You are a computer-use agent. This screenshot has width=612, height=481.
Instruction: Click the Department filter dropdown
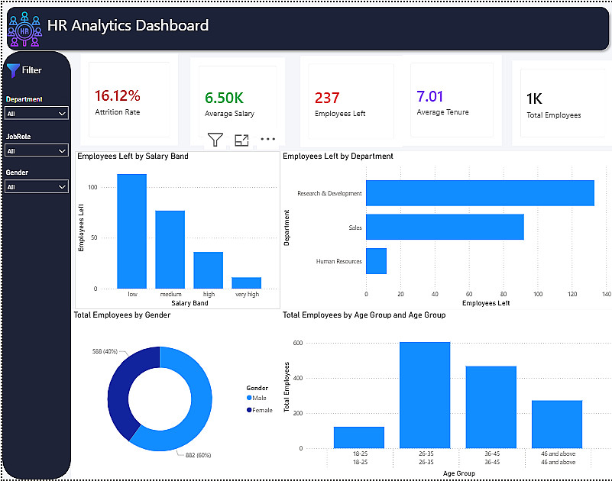37,113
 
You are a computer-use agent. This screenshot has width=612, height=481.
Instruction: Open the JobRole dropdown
37,150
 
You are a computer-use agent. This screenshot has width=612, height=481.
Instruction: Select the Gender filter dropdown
37,186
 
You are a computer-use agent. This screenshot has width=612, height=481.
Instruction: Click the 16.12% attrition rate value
118,95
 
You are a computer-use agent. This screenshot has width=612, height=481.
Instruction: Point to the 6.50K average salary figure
224,98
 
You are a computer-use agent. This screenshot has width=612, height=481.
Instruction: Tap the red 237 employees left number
327,98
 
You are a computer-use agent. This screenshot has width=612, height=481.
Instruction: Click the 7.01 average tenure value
429,96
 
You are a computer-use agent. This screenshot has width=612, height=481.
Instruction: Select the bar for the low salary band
132,231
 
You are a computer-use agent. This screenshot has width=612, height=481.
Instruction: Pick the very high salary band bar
246,282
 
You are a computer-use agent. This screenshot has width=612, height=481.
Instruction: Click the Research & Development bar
480,193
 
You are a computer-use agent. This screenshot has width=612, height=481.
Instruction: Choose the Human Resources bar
376,261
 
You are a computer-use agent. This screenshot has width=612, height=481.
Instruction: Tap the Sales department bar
445,227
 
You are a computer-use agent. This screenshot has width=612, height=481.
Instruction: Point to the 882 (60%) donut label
199,455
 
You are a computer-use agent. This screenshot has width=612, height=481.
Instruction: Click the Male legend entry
257,398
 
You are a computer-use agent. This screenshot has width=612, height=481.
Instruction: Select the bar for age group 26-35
425,395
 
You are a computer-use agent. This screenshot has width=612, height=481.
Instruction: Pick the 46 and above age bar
557,424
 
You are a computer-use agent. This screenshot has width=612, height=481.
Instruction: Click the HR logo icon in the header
24,29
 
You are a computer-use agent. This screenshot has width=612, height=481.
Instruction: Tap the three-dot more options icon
267,139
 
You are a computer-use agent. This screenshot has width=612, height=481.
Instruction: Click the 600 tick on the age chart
298,343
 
